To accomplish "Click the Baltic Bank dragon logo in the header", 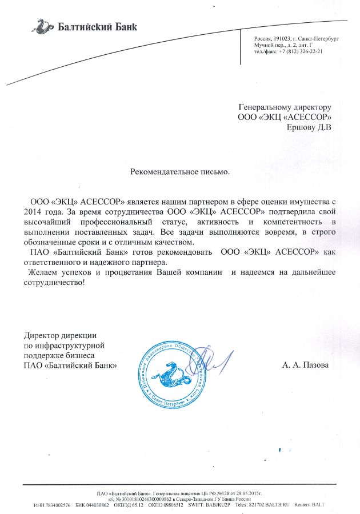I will click(x=42, y=26).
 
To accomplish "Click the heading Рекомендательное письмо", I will click(x=179, y=171).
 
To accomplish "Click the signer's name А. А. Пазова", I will click(x=305, y=364).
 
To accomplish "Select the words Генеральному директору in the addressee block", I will click(x=285, y=107).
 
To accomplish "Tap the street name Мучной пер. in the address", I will click(x=268, y=44).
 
